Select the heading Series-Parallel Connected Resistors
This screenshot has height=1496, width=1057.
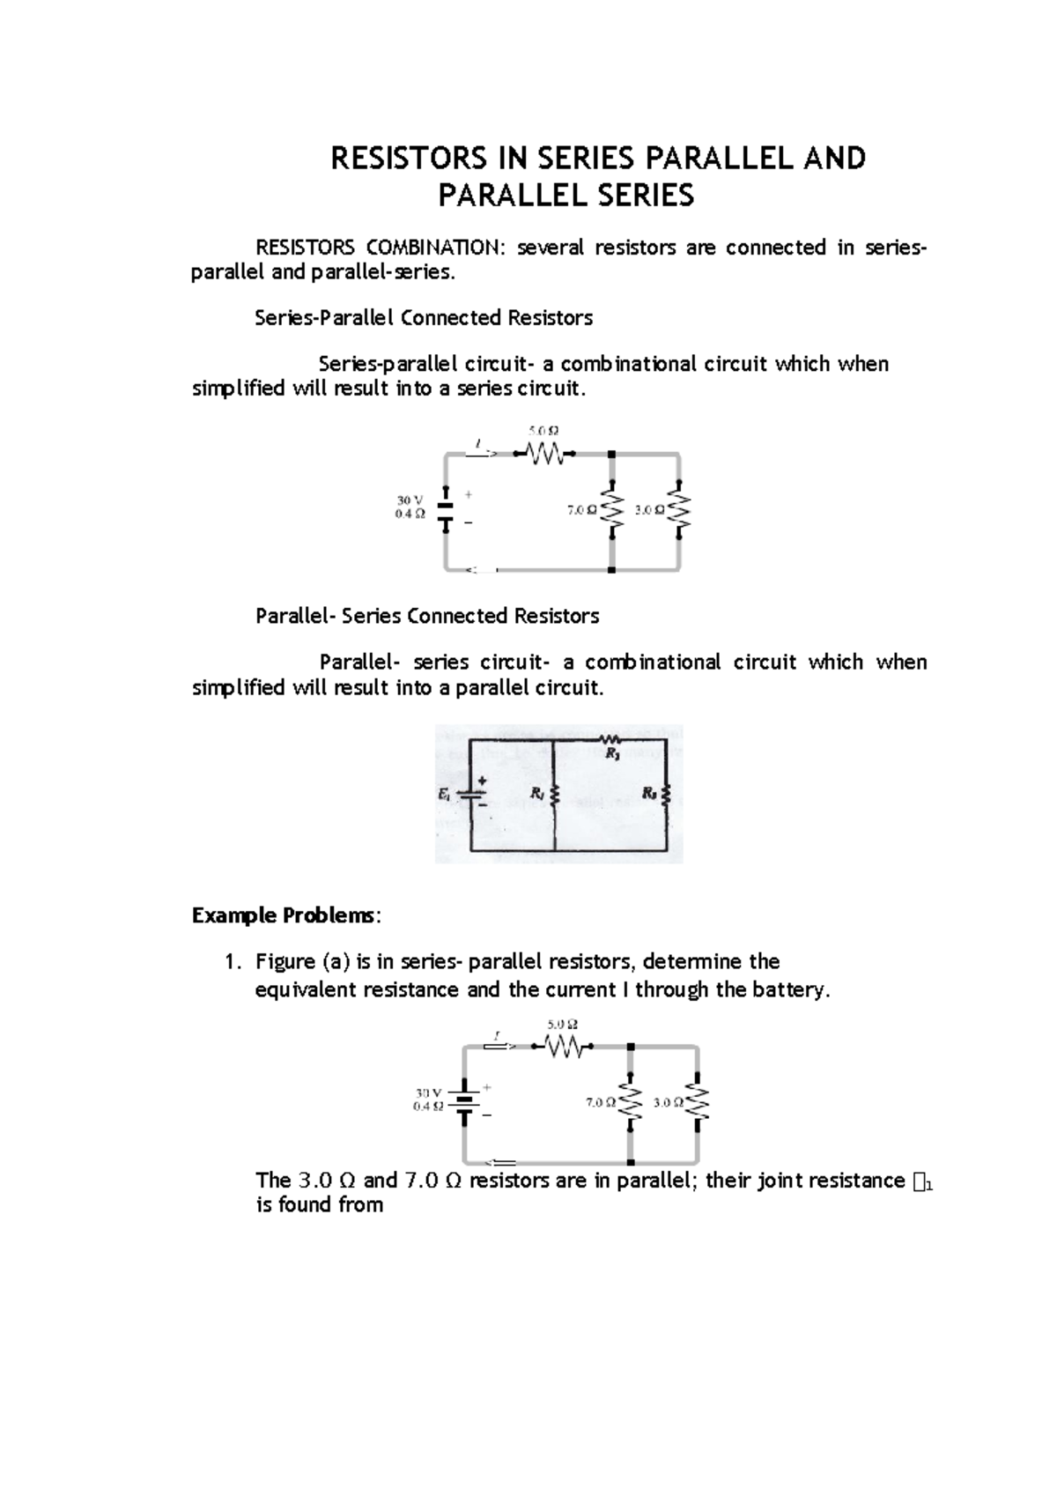coord(424,318)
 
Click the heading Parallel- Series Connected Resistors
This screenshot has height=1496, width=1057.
coord(427,616)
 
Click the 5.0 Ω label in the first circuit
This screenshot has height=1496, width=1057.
coord(543,431)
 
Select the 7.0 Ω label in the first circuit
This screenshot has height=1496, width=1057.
coord(581,511)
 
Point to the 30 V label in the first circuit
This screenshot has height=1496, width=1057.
coord(410,500)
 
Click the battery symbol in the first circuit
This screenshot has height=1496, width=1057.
coord(447,511)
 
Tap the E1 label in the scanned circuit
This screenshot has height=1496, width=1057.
coord(444,794)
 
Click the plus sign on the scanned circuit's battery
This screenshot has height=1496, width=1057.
coord(482,781)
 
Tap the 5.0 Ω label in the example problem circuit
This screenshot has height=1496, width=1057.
coord(562,1025)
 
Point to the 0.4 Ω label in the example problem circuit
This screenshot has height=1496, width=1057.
coord(428,1107)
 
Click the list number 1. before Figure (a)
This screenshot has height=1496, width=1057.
coord(233,962)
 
